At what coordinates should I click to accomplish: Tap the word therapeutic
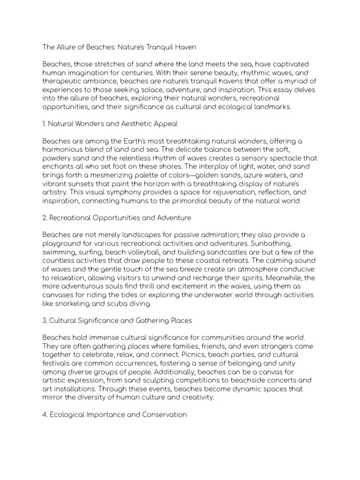(x=64, y=81)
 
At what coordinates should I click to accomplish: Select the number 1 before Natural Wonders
(x=44, y=124)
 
